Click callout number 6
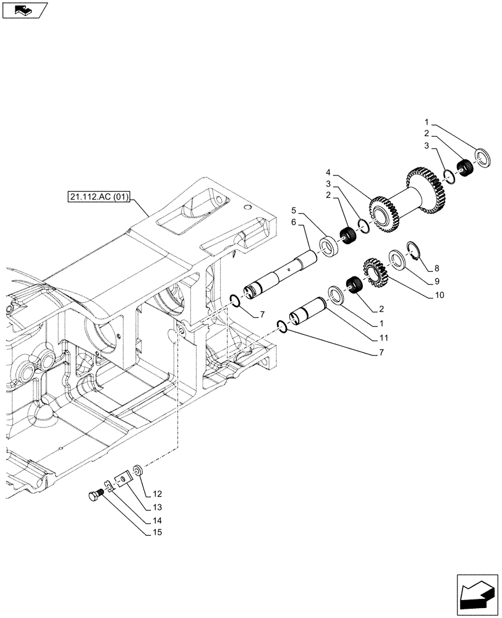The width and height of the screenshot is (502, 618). click(294, 221)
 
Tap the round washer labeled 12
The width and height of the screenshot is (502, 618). click(137, 471)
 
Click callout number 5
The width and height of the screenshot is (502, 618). click(294, 210)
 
